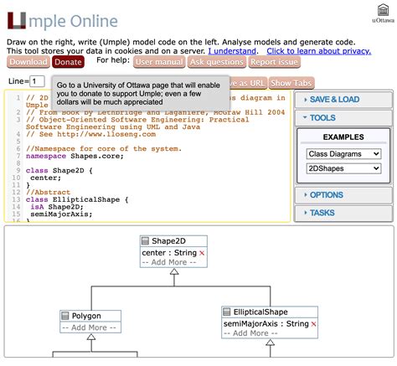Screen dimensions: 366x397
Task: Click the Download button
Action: [28, 62]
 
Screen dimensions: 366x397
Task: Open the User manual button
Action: [159, 62]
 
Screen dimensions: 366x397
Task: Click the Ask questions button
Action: [217, 62]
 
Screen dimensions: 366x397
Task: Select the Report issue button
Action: [275, 62]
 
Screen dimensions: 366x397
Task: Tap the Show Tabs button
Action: [291, 83]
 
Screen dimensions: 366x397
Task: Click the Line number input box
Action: [38, 81]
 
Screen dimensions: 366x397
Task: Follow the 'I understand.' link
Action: [233, 51]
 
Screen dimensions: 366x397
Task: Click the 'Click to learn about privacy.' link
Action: [318, 51]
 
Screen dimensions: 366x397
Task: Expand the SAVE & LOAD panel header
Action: [343, 100]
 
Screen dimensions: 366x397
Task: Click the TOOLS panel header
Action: [343, 118]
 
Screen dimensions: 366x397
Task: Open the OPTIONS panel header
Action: [343, 195]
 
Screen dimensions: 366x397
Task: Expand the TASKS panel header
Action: [343, 213]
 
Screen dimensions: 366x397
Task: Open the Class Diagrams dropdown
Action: [343, 154]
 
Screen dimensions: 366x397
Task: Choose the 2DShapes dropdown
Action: [343, 169]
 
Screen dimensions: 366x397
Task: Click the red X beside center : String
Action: [202, 252]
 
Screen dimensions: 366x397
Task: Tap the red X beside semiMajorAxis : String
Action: [314, 323]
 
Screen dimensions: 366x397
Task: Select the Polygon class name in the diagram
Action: [86, 316]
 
